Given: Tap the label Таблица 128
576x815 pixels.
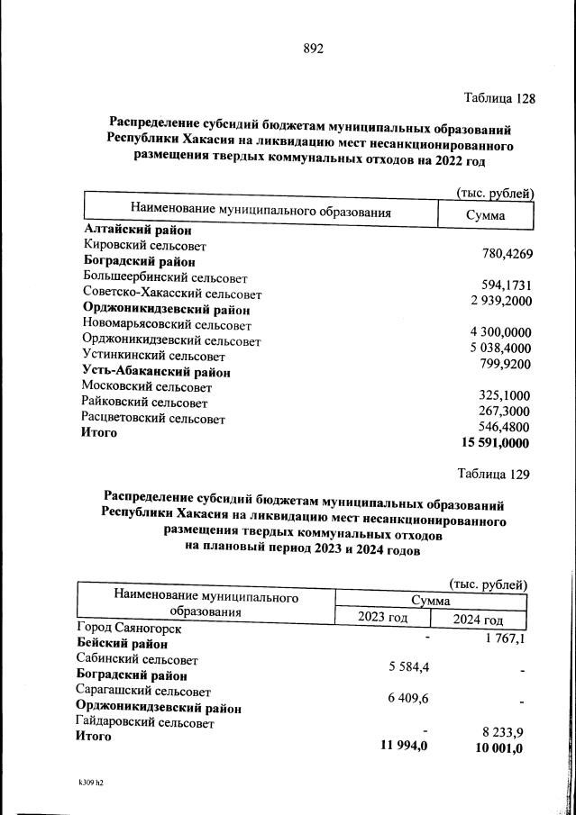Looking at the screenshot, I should [x=499, y=98].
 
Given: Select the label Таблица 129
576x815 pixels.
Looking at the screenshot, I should [x=493, y=474].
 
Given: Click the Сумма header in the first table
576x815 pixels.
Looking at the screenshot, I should [x=485, y=215].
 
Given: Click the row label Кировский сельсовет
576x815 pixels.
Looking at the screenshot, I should [x=144, y=246].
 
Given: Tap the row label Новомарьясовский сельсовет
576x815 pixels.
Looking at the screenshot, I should [x=167, y=325].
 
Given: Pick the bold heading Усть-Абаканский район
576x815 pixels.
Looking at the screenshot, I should [x=156, y=372].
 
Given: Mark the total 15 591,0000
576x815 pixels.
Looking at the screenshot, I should [x=495, y=443].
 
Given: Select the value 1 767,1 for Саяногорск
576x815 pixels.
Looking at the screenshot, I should [x=504, y=638].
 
